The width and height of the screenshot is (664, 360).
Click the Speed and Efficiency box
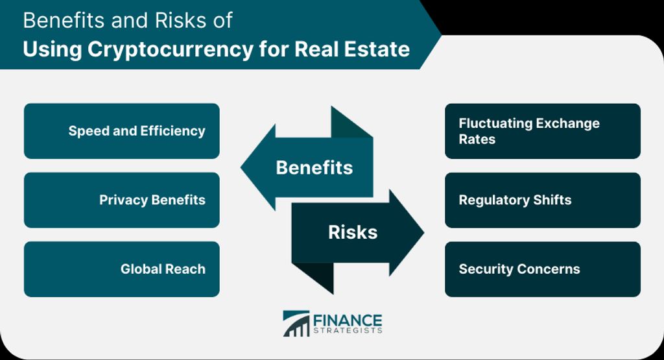click(121, 131)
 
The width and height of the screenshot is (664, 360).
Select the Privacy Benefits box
click(121, 200)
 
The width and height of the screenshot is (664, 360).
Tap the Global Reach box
click(121, 269)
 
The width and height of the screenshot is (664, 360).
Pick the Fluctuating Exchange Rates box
click(543, 131)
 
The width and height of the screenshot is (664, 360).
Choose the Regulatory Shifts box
click(543, 200)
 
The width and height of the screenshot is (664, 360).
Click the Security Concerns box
click(543, 269)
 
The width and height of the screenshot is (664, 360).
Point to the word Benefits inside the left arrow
click(314, 167)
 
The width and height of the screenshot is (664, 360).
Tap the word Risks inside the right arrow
click(353, 232)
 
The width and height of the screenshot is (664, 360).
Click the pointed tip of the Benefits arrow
click(241, 167)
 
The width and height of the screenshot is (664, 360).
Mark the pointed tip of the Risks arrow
click(424, 232)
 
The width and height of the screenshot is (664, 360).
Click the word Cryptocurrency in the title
click(171, 49)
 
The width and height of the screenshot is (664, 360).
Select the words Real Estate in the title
click(352, 49)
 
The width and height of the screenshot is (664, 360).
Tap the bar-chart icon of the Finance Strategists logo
click(296, 324)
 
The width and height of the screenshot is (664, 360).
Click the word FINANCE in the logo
click(348, 320)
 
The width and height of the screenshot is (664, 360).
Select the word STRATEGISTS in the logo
click(348, 330)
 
